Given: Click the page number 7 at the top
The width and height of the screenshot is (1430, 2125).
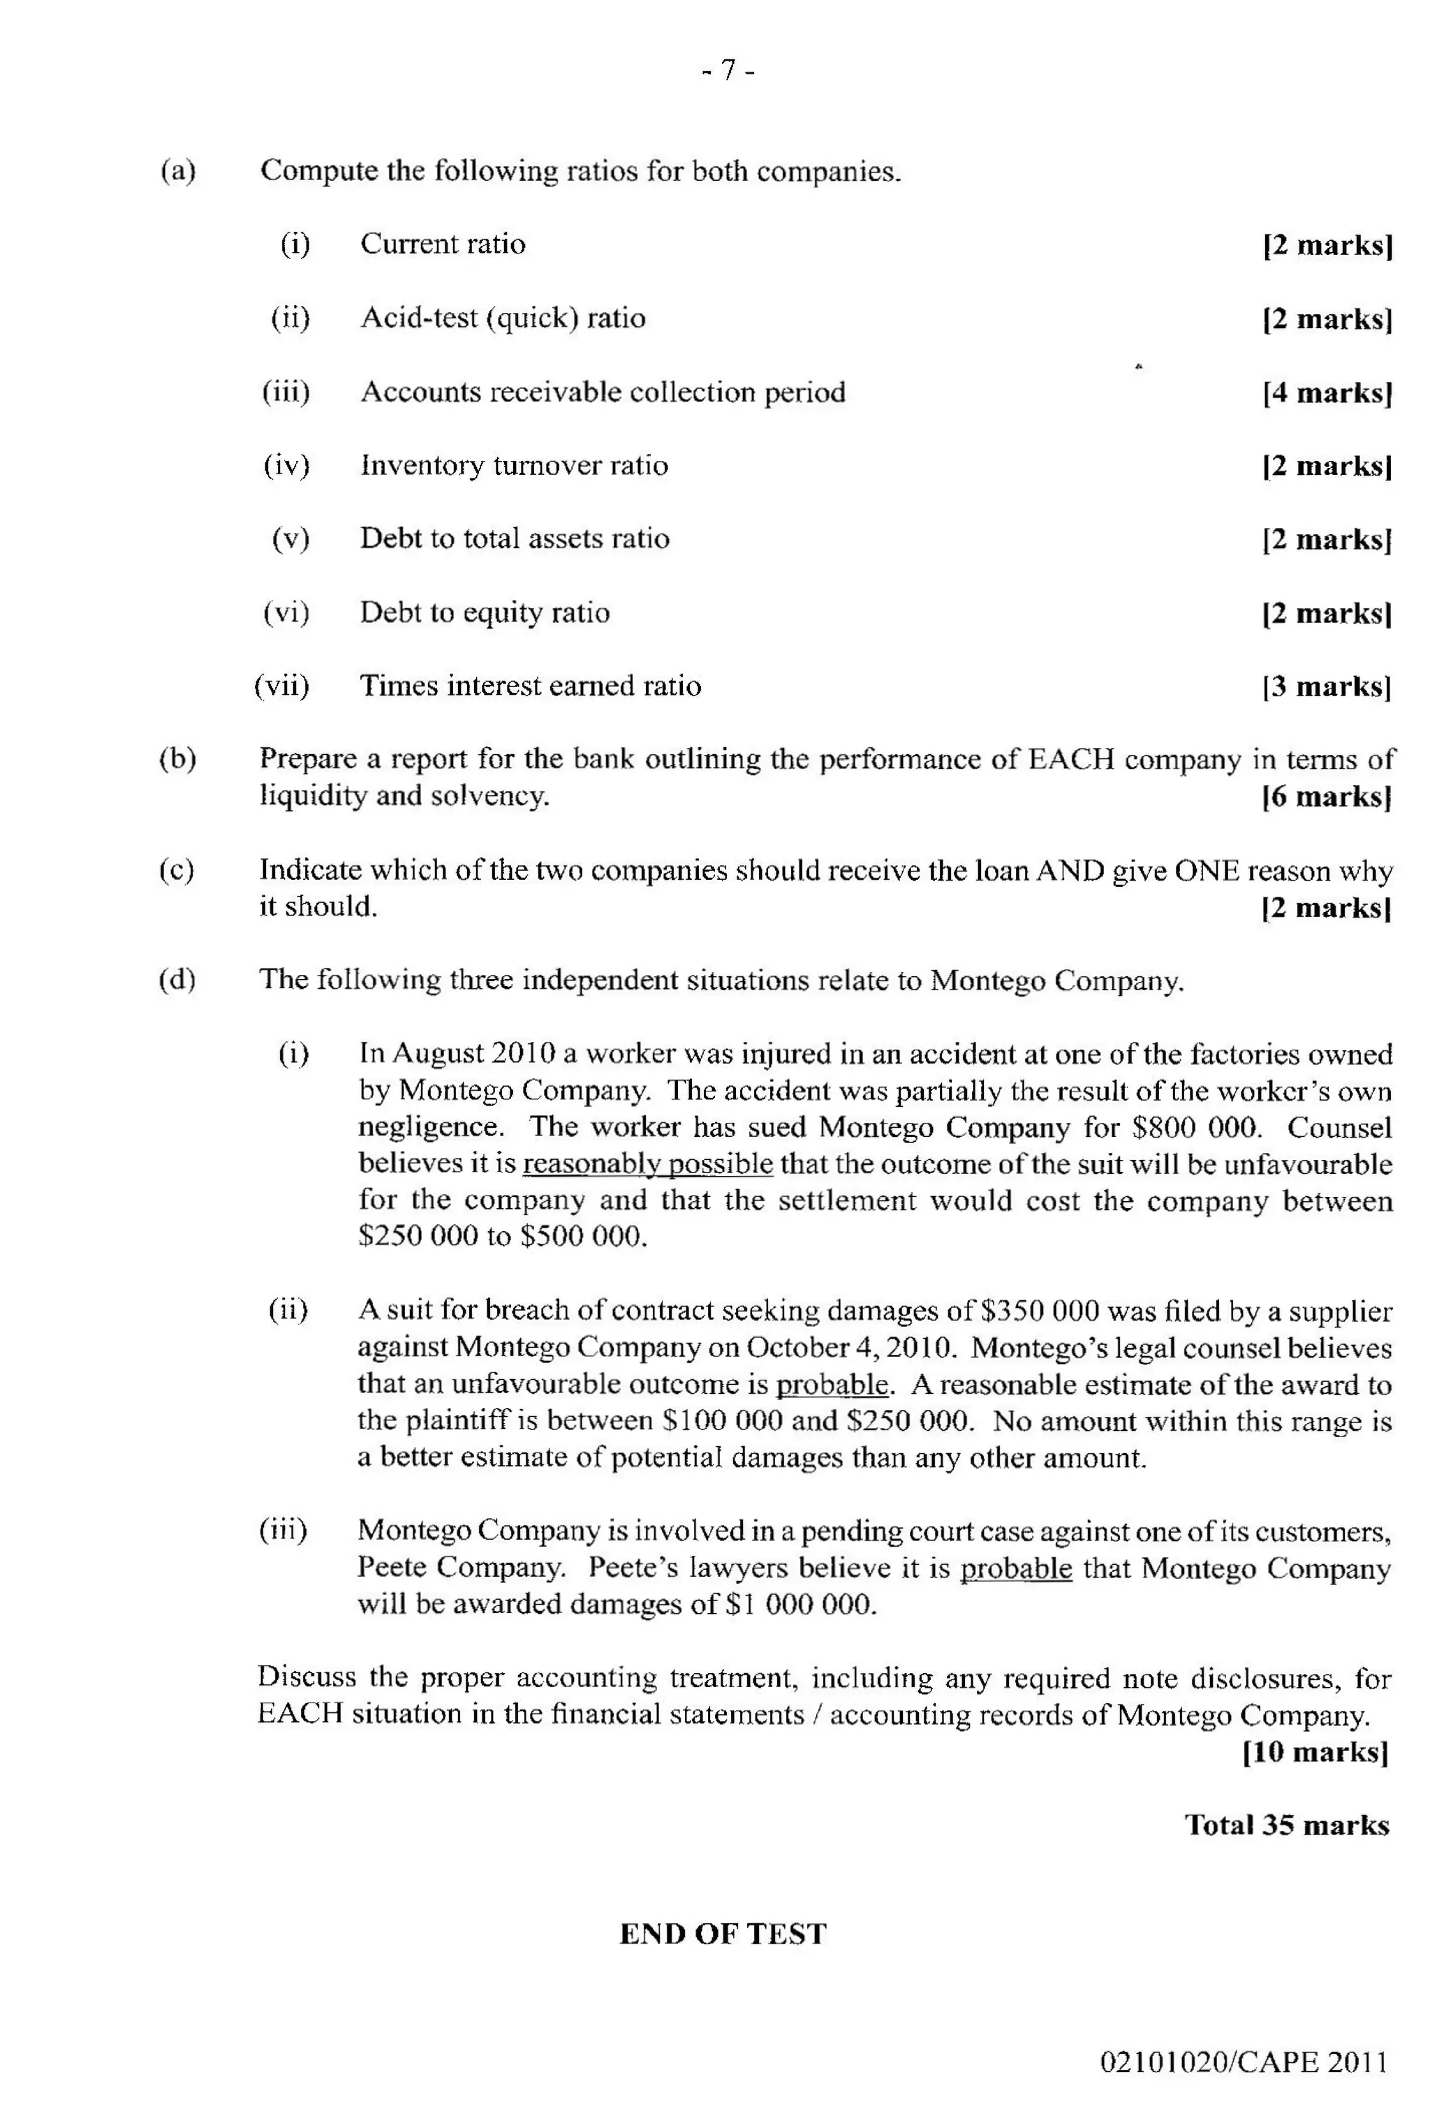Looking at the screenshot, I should coord(728,71).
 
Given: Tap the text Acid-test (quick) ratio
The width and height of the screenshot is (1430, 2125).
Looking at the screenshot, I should coord(503,318).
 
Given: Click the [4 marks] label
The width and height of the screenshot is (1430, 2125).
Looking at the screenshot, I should coord(1327,393).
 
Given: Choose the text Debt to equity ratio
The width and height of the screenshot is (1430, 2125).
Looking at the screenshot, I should coord(485,613).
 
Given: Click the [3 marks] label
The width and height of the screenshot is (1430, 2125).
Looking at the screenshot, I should coord(1327,686).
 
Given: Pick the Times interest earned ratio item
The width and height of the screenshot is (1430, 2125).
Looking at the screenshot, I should coord(530,686).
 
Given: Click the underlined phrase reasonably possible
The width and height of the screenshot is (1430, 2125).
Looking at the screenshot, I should coord(647,1165).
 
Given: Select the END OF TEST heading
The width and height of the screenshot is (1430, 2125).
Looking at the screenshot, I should coord(722,1934).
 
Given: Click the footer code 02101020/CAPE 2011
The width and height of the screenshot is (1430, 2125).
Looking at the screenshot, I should coord(1243,2062).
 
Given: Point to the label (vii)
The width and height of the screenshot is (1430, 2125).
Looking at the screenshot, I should coord(282,686).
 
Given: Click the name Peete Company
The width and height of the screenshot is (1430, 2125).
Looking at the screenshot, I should coord(459,1568).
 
